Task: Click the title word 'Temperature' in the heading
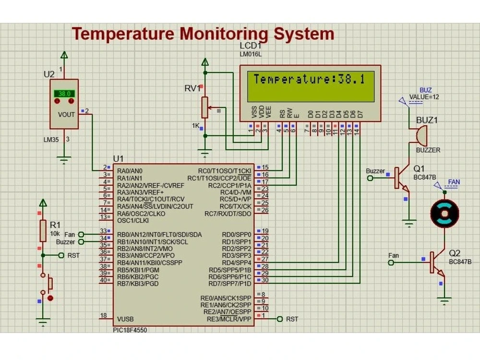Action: [123, 35]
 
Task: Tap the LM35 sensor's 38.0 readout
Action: [65, 94]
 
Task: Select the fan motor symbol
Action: [444, 213]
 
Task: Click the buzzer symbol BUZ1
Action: [420, 135]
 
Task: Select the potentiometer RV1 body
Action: [205, 107]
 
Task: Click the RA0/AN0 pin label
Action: [130, 171]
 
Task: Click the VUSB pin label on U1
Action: [125, 319]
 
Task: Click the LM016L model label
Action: [251, 54]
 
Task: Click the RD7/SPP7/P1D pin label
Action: [230, 284]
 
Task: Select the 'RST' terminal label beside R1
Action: [73, 255]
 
